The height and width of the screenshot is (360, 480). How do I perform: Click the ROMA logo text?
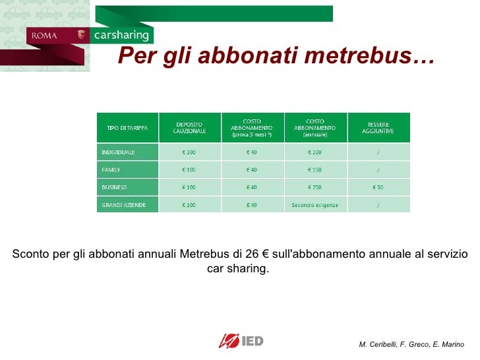(44, 36)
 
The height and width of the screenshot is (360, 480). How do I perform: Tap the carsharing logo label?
(122, 35)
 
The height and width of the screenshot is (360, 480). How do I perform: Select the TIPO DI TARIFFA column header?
(127, 127)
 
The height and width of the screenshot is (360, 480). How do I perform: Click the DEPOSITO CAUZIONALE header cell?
(189, 127)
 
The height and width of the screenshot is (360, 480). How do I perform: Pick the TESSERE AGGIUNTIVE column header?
(378, 127)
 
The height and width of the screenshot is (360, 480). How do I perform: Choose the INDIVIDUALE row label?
(118, 152)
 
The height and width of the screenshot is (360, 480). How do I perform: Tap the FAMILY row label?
(111, 169)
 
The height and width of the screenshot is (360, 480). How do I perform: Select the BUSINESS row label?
(114, 187)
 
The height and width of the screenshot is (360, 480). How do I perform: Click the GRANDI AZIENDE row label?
(119, 205)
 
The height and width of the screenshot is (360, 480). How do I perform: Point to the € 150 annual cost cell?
(315, 169)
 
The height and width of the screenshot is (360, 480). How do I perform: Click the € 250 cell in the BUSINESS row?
(315, 187)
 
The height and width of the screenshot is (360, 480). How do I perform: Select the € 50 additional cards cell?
(378, 187)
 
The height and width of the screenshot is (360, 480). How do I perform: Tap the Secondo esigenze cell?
(315, 205)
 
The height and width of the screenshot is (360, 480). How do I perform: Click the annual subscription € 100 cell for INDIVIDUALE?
(315, 152)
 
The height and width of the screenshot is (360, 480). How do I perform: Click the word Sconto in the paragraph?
(30, 255)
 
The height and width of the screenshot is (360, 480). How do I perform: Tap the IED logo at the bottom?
(241, 341)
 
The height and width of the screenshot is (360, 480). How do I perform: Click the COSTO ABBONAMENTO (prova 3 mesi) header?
(251, 127)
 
